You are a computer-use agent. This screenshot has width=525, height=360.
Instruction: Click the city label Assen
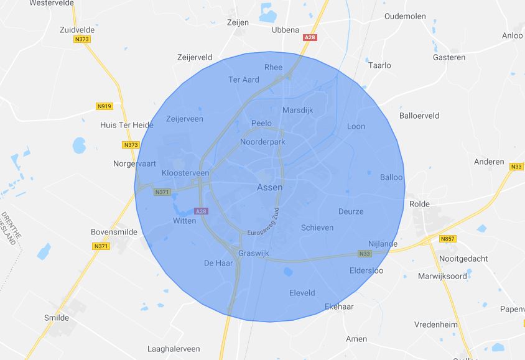[269, 187]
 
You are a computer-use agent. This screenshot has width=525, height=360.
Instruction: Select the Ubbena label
[286, 30]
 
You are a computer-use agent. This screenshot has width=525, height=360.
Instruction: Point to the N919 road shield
[105, 106]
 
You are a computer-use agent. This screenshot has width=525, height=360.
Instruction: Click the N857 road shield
[447, 239]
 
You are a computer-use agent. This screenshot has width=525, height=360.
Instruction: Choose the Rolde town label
[420, 204]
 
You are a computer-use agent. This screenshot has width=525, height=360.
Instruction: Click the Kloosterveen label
[185, 172]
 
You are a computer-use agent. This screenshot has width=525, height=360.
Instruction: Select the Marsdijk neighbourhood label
[297, 110]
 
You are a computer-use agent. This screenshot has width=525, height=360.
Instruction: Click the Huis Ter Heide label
[126, 125]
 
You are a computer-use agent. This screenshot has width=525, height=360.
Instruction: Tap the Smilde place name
[57, 317]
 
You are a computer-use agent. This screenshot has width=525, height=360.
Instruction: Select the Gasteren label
[448, 57]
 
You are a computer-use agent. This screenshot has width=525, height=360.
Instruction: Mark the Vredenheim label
[437, 325]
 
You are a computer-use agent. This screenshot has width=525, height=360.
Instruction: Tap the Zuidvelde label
[78, 29]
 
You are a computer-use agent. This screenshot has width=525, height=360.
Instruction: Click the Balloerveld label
[419, 116]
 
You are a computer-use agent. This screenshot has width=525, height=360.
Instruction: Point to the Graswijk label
[254, 253]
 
